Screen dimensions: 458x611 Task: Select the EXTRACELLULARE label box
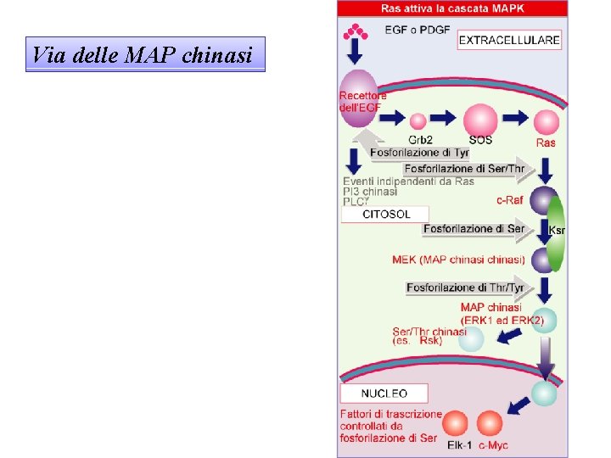click(509, 40)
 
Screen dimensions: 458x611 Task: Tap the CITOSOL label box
click(384, 215)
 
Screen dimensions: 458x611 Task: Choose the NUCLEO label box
click(384, 394)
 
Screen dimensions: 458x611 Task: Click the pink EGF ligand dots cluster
click(356, 32)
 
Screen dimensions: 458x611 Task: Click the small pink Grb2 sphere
click(418, 121)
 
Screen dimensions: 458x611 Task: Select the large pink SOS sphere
click(479, 120)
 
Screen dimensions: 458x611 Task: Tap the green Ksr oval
click(557, 232)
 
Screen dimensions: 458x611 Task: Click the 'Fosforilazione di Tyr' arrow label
click(419, 153)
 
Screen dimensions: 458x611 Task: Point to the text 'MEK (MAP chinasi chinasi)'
click(458, 259)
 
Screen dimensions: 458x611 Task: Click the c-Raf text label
click(509, 201)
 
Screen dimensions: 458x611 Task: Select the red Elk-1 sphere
click(456, 422)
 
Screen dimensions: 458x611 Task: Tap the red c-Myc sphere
click(490, 422)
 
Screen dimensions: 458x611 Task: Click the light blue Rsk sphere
click(470, 339)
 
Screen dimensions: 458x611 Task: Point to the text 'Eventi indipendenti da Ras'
click(408, 182)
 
